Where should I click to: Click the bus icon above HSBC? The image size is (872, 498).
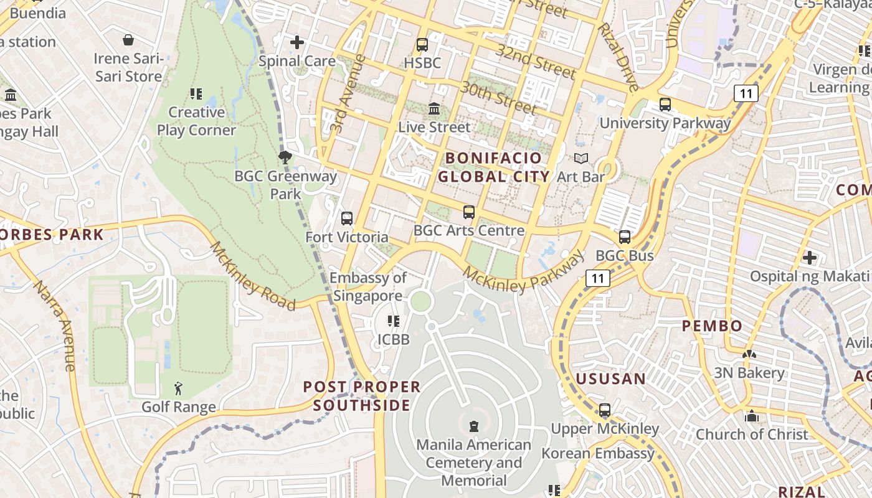click(422, 45)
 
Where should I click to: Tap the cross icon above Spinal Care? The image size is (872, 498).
click(297, 42)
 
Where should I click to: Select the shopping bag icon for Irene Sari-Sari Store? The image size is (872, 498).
click(128, 40)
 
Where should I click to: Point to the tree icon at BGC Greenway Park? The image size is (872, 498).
click(285, 157)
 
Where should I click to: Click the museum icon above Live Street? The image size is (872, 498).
click(434, 109)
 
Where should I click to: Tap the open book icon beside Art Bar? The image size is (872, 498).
click(581, 159)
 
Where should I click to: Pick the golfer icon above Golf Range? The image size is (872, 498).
click(178, 389)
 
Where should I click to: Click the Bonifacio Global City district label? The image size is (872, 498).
click(493, 167)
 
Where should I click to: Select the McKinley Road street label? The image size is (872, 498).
click(252, 276)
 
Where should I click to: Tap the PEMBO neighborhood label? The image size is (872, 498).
click(712, 326)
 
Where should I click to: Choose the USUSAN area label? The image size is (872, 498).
click(610, 379)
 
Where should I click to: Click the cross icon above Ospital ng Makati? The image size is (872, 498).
click(809, 257)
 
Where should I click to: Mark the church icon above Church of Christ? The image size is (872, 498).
click(752, 416)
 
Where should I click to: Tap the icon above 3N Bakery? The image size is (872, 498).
click(749, 355)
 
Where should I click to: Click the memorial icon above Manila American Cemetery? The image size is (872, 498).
click(474, 426)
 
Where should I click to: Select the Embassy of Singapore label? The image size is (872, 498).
click(368, 286)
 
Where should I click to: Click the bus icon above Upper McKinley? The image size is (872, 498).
click(604, 410)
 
